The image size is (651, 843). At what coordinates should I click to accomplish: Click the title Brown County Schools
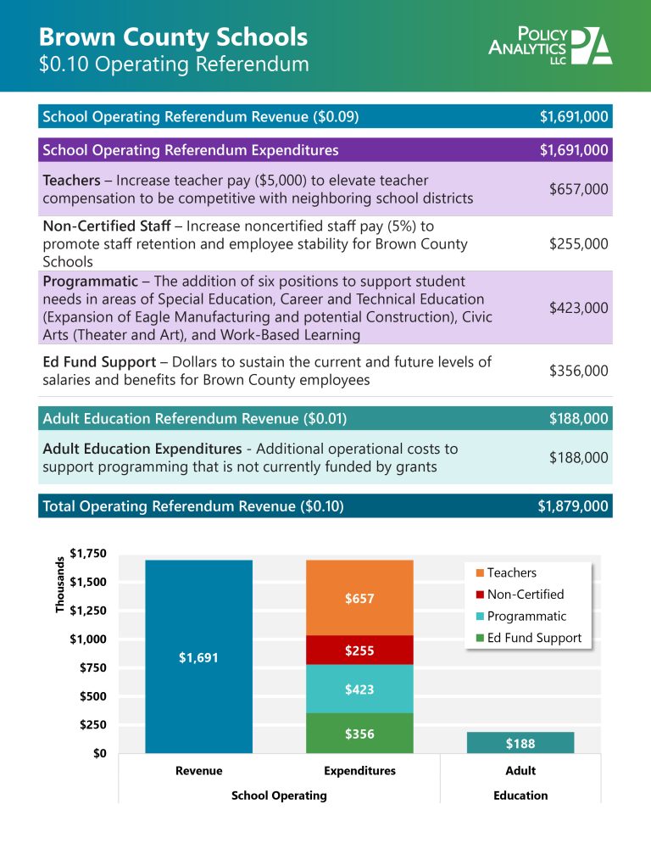pyautogui.click(x=173, y=36)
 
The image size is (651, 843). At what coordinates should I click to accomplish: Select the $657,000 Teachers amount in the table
pyautogui.click(x=578, y=189)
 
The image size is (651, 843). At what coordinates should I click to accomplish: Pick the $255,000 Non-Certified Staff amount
pyautogui.click(x=578, y=244)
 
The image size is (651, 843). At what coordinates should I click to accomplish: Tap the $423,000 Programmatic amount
pyautogui.click(x=578, y=308)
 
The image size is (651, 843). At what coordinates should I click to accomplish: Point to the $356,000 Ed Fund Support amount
pyautogui.click(x=578, y=371)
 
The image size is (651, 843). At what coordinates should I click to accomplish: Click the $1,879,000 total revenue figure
pyautogui.click(x=573, y=506)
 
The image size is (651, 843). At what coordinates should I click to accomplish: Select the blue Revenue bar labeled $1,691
pyautogui.click(x=198, y=656)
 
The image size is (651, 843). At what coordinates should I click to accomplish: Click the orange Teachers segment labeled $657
pyautogui.click(x=359, y=598)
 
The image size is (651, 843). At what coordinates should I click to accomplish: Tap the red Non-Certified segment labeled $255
pyautogui.click(x=359, y=650)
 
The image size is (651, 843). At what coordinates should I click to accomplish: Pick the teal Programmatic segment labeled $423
pyautogui.click(x=359, y=689)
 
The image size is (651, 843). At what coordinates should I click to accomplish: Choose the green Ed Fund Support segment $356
pyautogui.click(x=359, y=734)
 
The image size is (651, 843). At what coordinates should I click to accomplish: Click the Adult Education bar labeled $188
pyautogui.click(x=520, y=743)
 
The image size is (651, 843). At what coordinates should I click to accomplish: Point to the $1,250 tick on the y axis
pyautogui.click(x=88, y=611)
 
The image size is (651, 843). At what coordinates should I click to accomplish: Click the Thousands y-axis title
pyautogui.click(x=60, y=585)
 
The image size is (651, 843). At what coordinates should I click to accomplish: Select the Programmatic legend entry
pyautogui.click(x=526, y=617)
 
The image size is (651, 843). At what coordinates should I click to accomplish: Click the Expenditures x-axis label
pyautogui.click(x=359, y=771)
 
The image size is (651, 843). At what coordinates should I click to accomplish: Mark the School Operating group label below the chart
pyautogui.click(x=279, y=796)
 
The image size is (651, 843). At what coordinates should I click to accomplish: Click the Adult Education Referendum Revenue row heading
pyautogui.click(x=195, y=418)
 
